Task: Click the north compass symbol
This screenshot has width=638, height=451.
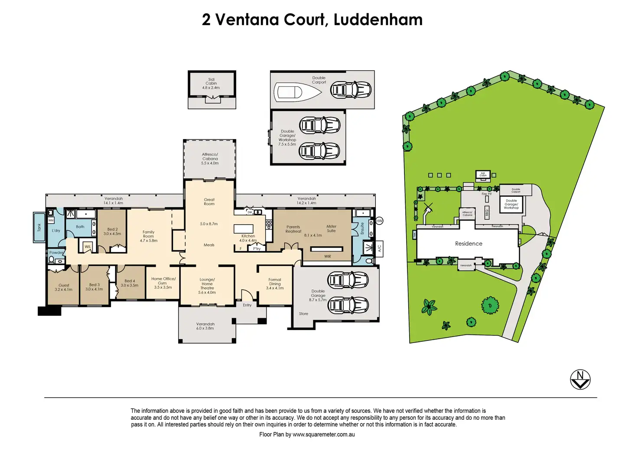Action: pos(580,380)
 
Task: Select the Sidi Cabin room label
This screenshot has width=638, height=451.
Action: pos(211,82)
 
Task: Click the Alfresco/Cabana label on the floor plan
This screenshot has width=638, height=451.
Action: pos(210,157)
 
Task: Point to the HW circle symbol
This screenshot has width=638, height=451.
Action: pos(379,221)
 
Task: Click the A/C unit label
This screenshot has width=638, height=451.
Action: pos(379,248)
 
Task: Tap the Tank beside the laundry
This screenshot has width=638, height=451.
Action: pos(39,227)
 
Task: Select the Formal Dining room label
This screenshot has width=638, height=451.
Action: pos(275,282)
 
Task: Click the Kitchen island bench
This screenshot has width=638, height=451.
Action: pos(243,229)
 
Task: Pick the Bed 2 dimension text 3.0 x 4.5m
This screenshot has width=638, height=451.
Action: pos(112,234)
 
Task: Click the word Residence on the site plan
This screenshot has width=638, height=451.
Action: pos(469,244)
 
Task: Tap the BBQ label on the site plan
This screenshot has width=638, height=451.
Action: pos(487,213)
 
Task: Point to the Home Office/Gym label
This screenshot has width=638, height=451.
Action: pos(163,281)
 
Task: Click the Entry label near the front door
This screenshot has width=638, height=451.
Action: pos(247,305)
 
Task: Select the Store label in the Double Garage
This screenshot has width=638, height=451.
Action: pos(303,314)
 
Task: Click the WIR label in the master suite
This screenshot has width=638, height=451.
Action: pos(328,257)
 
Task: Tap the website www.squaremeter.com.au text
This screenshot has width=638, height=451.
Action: pos(323,435)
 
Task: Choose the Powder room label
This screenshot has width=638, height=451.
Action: pos(56,252)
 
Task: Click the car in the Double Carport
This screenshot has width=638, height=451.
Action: pos(351,90)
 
